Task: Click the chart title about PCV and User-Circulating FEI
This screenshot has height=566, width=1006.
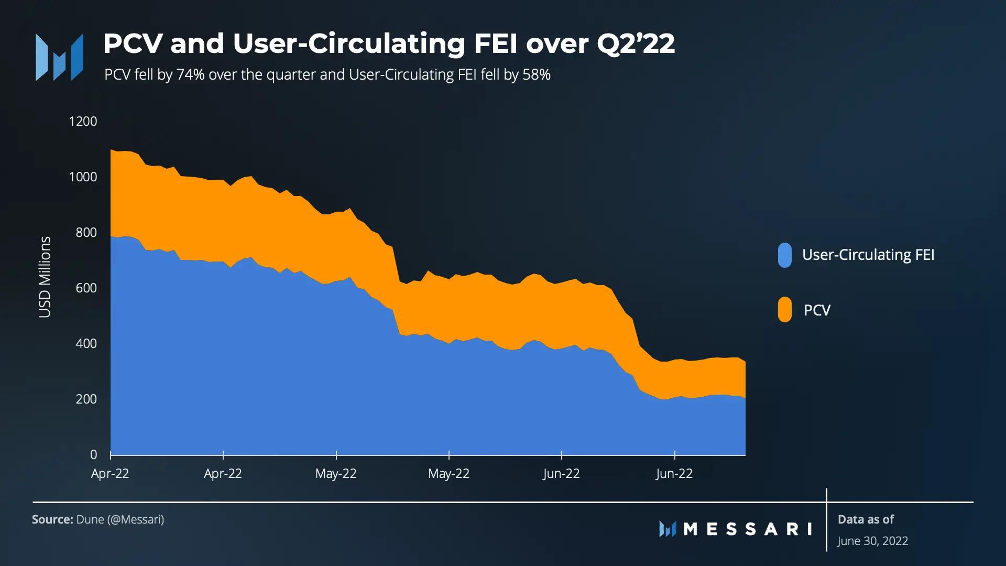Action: pyautogui.click(x=389, y=43)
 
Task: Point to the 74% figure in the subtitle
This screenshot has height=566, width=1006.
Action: pyautogui.click(x=190, y=75)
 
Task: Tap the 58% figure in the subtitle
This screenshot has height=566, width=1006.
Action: pyautogui.click(x=536, y=75)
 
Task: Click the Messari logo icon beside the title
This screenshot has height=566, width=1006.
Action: pyautogui.click(x=59, y=57)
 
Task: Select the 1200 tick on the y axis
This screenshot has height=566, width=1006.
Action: pyautogui.click(x=83, y=122)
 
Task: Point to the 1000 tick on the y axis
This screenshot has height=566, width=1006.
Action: pyautogui.click(x=83, y=177)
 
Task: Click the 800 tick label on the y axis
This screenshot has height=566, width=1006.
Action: pyautogui.click(x=86, y=233)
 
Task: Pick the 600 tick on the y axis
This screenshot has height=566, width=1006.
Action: pyautogui.click(x=86, y=288)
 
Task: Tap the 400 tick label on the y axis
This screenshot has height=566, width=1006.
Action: pyautogui.click(x=86, y=344)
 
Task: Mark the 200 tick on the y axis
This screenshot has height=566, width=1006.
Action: pyautogui.click(x=86, y=399)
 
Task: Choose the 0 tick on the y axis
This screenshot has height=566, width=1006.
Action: pyautogui.click(x=93, y=455)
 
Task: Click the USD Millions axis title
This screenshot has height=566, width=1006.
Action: pyautogui.click(x=45, y=277)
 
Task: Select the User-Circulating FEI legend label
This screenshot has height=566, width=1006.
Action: pyautogui.click(x=868, y=255)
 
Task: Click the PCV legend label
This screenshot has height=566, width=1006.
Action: pyautogui.click(x=817, y=310)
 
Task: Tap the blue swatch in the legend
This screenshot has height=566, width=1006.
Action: pyautogui.click(x=784, y=255)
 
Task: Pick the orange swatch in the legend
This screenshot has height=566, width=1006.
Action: pyautogui.click(x=784, y=310)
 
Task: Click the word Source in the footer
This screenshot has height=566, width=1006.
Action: pyautogui.click(x=52, y=519)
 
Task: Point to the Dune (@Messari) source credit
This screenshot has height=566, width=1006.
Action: pyautogui.click(x=120, y=519)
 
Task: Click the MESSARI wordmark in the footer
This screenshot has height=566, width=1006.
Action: pyautogui.click(x=747, y=529)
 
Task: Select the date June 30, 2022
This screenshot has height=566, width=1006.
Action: pyautogui.click(x=872, y=541)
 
